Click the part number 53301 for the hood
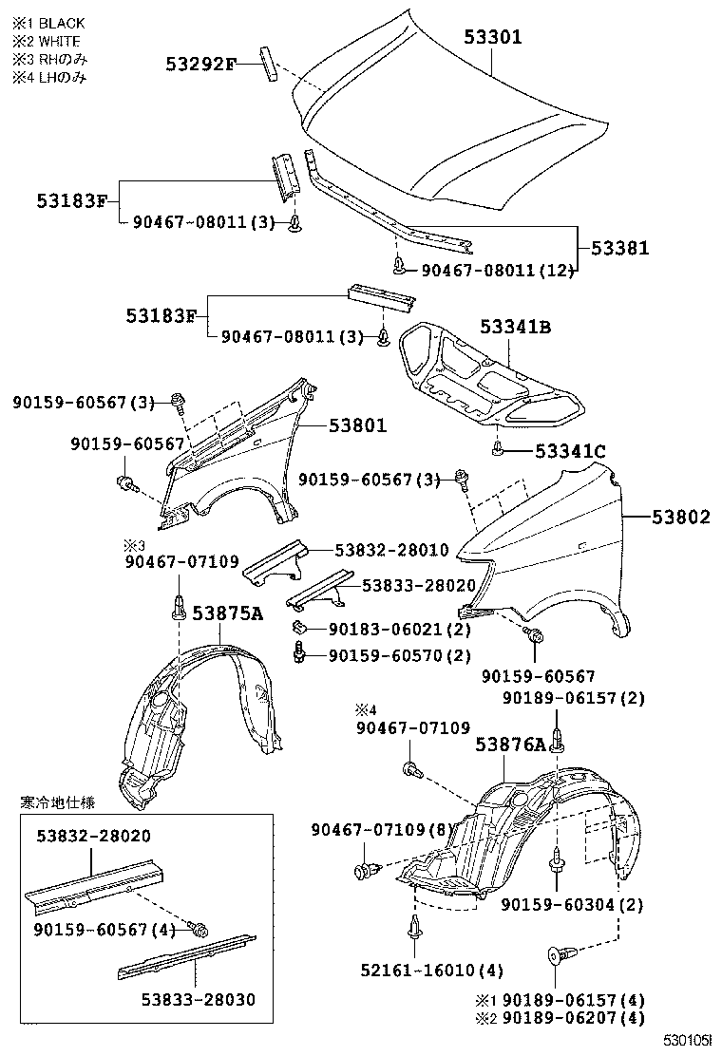coord(493,38)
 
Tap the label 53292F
coord(200,65)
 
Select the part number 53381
coord(620,248)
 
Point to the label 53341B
coord(516,328)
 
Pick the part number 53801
coord(358,426)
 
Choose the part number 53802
coord(680,517)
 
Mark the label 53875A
coord(227,613)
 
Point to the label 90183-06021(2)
coord(399,629)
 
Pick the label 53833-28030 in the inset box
coord(199,1000)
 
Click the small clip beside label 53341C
coord(498,449)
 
